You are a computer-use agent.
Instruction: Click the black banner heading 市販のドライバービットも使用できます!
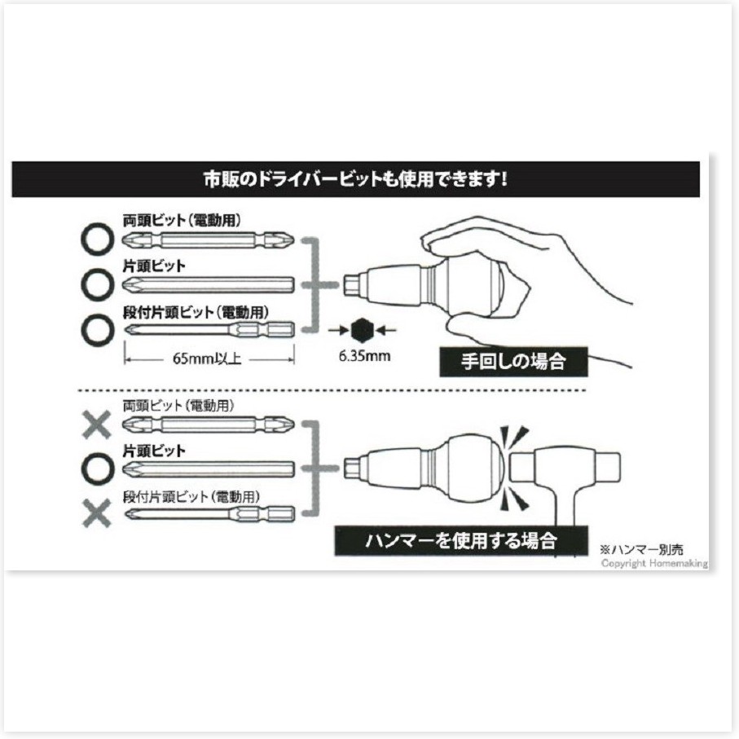[x=356, y=179]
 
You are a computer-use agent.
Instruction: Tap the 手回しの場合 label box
[x=514, y=362]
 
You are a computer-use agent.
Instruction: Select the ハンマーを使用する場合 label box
[x=461, y=540]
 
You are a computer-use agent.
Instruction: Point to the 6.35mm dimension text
[x=365, y=355]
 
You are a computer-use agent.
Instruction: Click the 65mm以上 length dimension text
[x=207, y=359]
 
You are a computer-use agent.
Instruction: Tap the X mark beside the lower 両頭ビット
[x=97, y=424]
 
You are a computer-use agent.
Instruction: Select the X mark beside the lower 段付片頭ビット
[x=97, y=512]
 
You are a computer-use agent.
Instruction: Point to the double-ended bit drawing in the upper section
[x=209, y=240]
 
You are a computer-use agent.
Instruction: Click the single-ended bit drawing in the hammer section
[x=209, y=469]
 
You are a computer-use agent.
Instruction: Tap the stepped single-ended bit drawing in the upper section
[x=209, y=329]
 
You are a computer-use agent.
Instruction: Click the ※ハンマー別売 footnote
[x=641, y=549]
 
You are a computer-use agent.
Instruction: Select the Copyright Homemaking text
[x=654, y=563]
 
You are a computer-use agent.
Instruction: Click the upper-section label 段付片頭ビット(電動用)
[x=196, y=312]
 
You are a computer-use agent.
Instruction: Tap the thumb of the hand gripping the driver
[x=476, y=331]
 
